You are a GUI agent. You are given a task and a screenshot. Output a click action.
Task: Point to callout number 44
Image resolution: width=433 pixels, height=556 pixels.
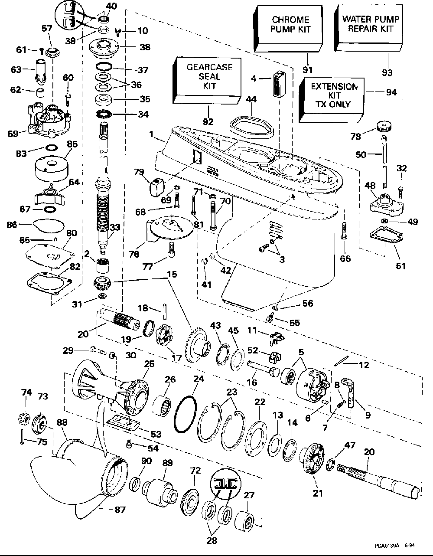251,100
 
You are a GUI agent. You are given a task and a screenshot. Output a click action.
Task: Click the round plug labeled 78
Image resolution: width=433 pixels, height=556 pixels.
383,126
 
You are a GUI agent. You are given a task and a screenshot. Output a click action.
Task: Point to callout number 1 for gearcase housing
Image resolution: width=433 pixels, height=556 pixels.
152,135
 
